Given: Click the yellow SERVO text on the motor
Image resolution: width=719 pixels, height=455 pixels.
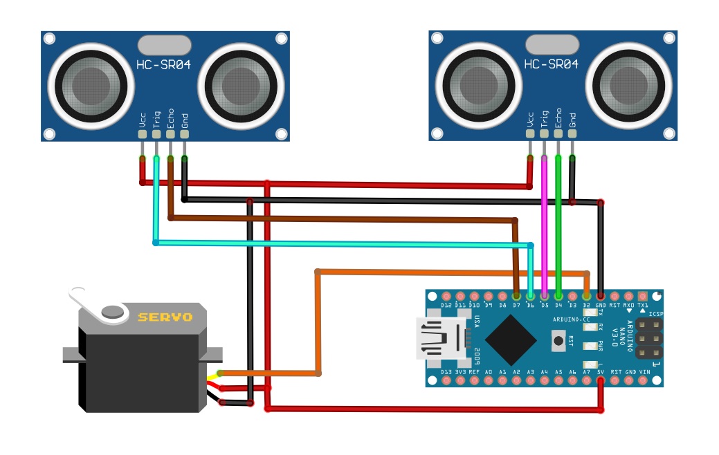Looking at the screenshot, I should coord(165,317).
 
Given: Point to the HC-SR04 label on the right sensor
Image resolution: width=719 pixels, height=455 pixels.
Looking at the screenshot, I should coord(551,64).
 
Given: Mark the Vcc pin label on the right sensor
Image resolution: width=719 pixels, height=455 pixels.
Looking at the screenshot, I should coord(530,118).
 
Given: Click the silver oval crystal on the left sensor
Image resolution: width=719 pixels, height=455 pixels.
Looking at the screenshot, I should coord(164,45).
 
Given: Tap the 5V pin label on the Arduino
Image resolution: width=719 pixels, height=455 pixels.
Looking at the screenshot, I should coord(601,372).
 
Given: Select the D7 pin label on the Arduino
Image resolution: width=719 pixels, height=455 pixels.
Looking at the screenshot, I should coord(517,305).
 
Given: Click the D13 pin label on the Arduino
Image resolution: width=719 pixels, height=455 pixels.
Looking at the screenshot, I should coord(446,372).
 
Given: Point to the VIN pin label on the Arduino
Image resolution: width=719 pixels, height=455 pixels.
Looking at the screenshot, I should coord(644,372).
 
